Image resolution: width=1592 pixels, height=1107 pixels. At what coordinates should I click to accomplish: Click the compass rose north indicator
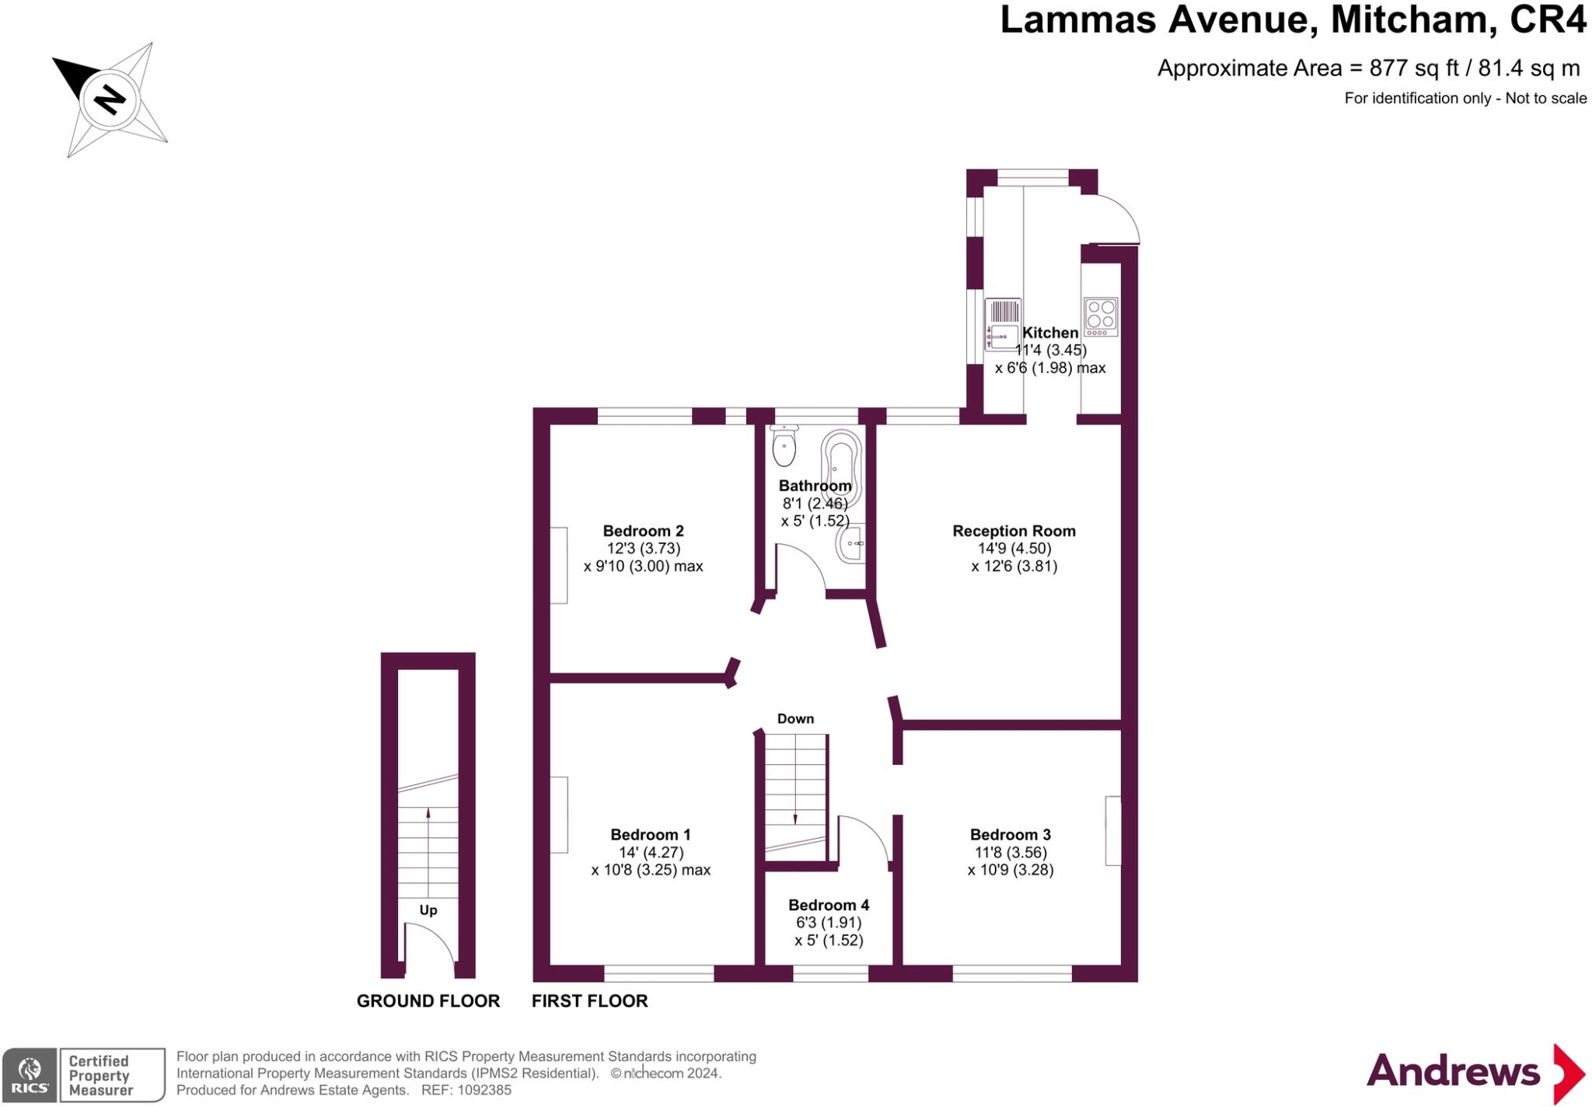click(x=109, y=100)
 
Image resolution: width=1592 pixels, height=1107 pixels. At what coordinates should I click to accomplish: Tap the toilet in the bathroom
click(x=784, y=445)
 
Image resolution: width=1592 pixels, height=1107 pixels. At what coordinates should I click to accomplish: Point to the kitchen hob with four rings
click(x=1101, y=316)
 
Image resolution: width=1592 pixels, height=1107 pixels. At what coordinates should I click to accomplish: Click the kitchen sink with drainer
click(x=1003, y=324)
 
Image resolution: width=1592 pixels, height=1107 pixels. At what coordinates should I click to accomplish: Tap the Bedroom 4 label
click(x=829, y=905)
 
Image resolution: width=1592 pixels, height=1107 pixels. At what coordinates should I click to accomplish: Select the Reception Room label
click(x=1014, y=531)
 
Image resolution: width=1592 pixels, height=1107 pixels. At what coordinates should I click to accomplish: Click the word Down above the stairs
click(x=795, y=718)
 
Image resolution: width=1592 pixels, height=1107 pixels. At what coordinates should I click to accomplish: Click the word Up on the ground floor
click(x=428, y=910)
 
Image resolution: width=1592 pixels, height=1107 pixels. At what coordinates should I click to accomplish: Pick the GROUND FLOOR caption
click(x=428, y=1000)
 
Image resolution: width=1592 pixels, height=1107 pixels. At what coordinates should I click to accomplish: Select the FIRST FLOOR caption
click(x=589, y=1000)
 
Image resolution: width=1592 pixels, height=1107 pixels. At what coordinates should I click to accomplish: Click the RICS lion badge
click(x=30, y=1074)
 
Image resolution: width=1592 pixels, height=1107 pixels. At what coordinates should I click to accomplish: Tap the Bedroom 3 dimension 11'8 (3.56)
click(x=1011, y=852)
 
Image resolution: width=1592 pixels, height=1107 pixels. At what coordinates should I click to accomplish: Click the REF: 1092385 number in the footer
click(x=466, y=1090)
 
